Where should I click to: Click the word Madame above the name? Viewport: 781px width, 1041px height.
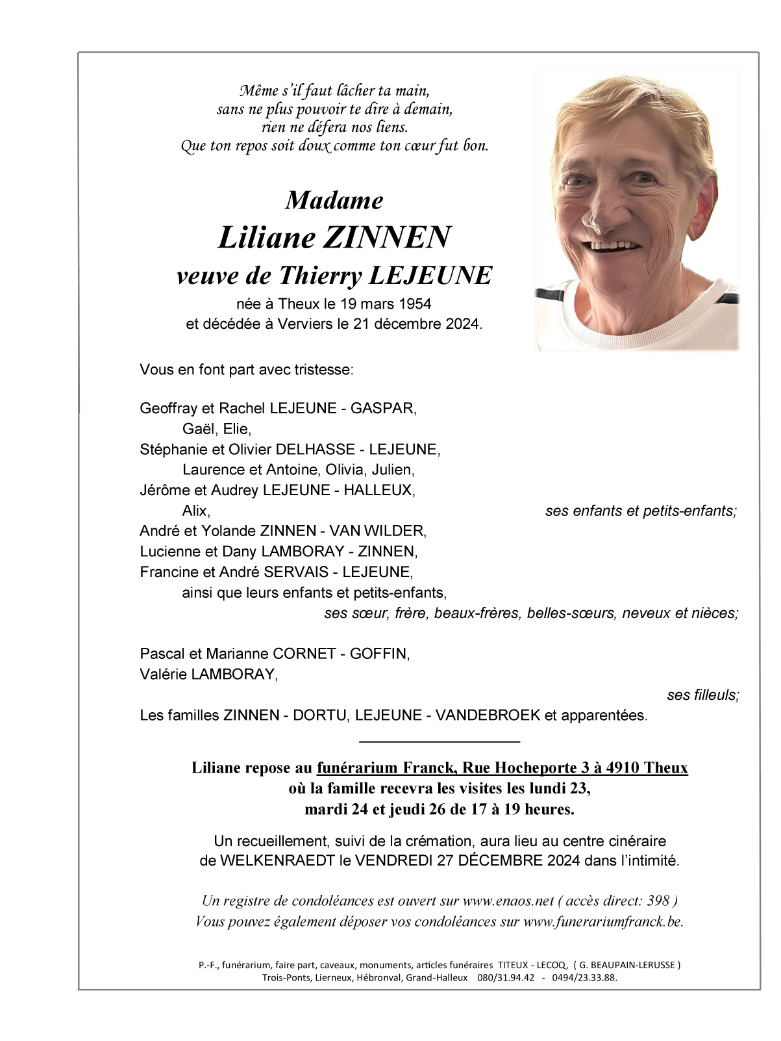pyautogui.click(x=334, y=200)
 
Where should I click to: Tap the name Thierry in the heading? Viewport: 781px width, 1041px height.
pyautogui.click(x=319, y=276)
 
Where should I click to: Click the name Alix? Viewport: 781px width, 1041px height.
pyautogui.click(x=195, y=511)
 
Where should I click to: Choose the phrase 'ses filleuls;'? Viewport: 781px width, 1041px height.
pyautogui.click(x=702, y=695)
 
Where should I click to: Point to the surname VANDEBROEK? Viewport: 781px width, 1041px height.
pyautogui.click(x=488, y=715)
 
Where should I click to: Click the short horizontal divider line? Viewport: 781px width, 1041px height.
pyautogui.click(x=440, y=741)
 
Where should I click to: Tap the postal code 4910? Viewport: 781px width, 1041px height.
pyautogui.click(x=623, y=768)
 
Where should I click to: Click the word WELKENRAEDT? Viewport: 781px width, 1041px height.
pyautogui.click(x=276, y=861)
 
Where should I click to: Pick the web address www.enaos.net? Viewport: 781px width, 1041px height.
pyautogui.click(x=508, y=901)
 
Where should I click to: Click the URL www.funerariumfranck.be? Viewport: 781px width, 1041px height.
pyautogui.click(x=602, y=921)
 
